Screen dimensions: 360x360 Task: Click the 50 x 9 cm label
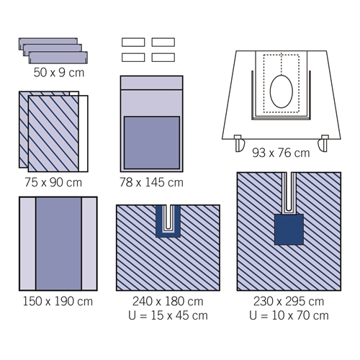(x=59, y=73)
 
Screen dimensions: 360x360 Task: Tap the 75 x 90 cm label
(x=53, y=182)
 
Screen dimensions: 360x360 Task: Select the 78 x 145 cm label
(x=151, y=182)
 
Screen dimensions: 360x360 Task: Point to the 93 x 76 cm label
(x=281, y=153)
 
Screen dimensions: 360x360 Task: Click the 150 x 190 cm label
(x=58, y=302)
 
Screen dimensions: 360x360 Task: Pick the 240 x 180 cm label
(x=168, y=302)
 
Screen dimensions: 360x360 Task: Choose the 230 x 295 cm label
(x=289, y=302)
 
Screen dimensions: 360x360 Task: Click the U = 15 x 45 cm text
(x=168, y=315)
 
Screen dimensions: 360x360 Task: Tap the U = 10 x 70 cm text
(x=289, y=315)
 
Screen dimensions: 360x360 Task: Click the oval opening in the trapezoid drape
(x=282, y=91)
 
